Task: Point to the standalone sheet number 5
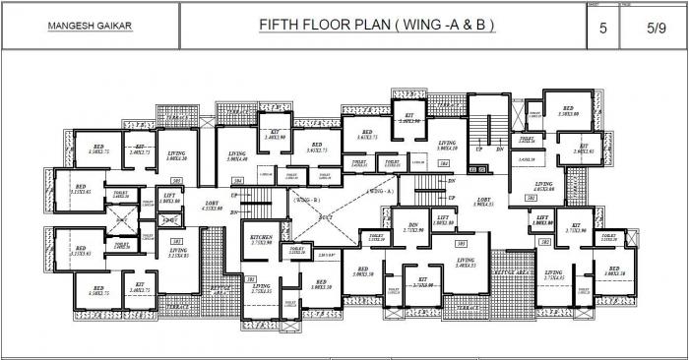604,29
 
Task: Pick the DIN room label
412,225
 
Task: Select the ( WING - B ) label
304,199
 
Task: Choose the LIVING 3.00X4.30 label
177,157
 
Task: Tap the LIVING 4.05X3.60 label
545,188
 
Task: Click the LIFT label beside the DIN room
443,218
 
